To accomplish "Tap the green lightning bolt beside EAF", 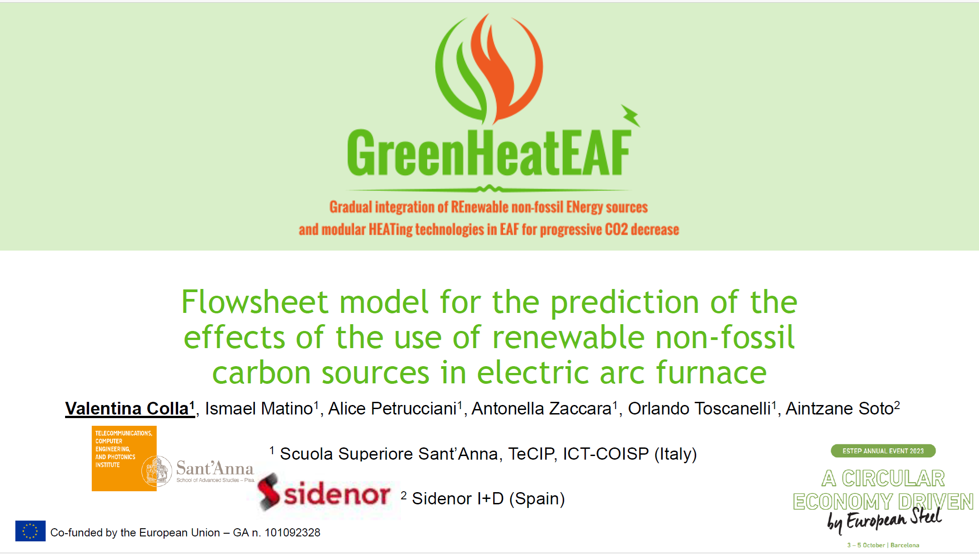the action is click(631, 116).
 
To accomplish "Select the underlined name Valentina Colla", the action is click(127, 408).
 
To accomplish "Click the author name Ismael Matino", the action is click(259, 408).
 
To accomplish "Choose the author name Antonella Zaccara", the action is click(541, 408).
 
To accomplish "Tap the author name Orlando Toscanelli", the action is click(699, 408).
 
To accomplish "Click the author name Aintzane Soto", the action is click(840, 408).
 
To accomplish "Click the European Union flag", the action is click(30, 531).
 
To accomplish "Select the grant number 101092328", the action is click(292, 533).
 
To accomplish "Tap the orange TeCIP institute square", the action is click(124, 458).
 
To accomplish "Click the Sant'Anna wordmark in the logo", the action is click(215, 468).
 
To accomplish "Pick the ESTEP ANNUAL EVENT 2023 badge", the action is click(883, 451).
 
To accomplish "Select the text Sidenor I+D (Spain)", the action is click(489, 498).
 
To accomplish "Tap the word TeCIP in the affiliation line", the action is click(532, 453).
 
